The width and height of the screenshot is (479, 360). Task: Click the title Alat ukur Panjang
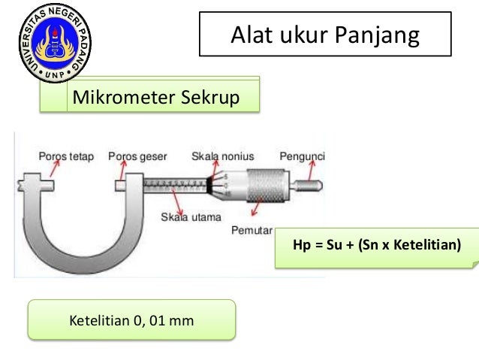[x=324, y=35]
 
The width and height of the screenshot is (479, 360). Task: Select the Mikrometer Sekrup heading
[x=153, y=98]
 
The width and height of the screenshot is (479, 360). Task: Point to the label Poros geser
[x=138, y=156]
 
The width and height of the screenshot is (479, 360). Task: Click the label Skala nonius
[x=222, y=156]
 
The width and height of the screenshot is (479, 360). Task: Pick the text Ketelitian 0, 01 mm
[x=131, y=322]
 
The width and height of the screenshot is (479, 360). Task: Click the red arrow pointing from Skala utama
[x=179, y=201]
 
